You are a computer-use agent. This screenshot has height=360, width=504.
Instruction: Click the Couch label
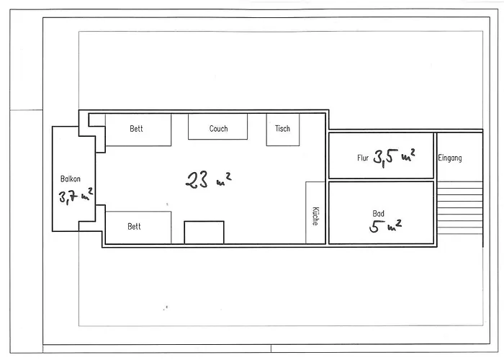point(219,129)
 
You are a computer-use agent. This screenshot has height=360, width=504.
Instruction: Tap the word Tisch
point(282,129)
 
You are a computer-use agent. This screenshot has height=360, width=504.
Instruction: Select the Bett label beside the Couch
point(136,129)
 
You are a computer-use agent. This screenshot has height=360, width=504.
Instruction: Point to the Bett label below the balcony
point(134,226)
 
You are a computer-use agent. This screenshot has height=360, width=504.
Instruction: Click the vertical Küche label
point(315,216)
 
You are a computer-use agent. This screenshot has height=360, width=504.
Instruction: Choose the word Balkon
point(71,179)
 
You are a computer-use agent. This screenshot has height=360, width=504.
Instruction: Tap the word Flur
point(363,158)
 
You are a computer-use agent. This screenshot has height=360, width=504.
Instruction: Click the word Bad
point(378,213)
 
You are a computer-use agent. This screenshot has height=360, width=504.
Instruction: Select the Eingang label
point(450,158)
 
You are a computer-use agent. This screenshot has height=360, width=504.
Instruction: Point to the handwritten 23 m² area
point(208,180)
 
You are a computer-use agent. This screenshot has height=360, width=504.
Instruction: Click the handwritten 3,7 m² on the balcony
point(76,196)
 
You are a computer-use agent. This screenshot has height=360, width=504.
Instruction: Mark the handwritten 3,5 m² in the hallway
point(394,158)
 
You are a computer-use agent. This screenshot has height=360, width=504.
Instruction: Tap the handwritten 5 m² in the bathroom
point(385,225)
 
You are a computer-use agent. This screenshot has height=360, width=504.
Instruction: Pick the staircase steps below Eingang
point(460,208)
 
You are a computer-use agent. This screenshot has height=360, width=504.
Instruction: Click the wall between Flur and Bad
point(381,180)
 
